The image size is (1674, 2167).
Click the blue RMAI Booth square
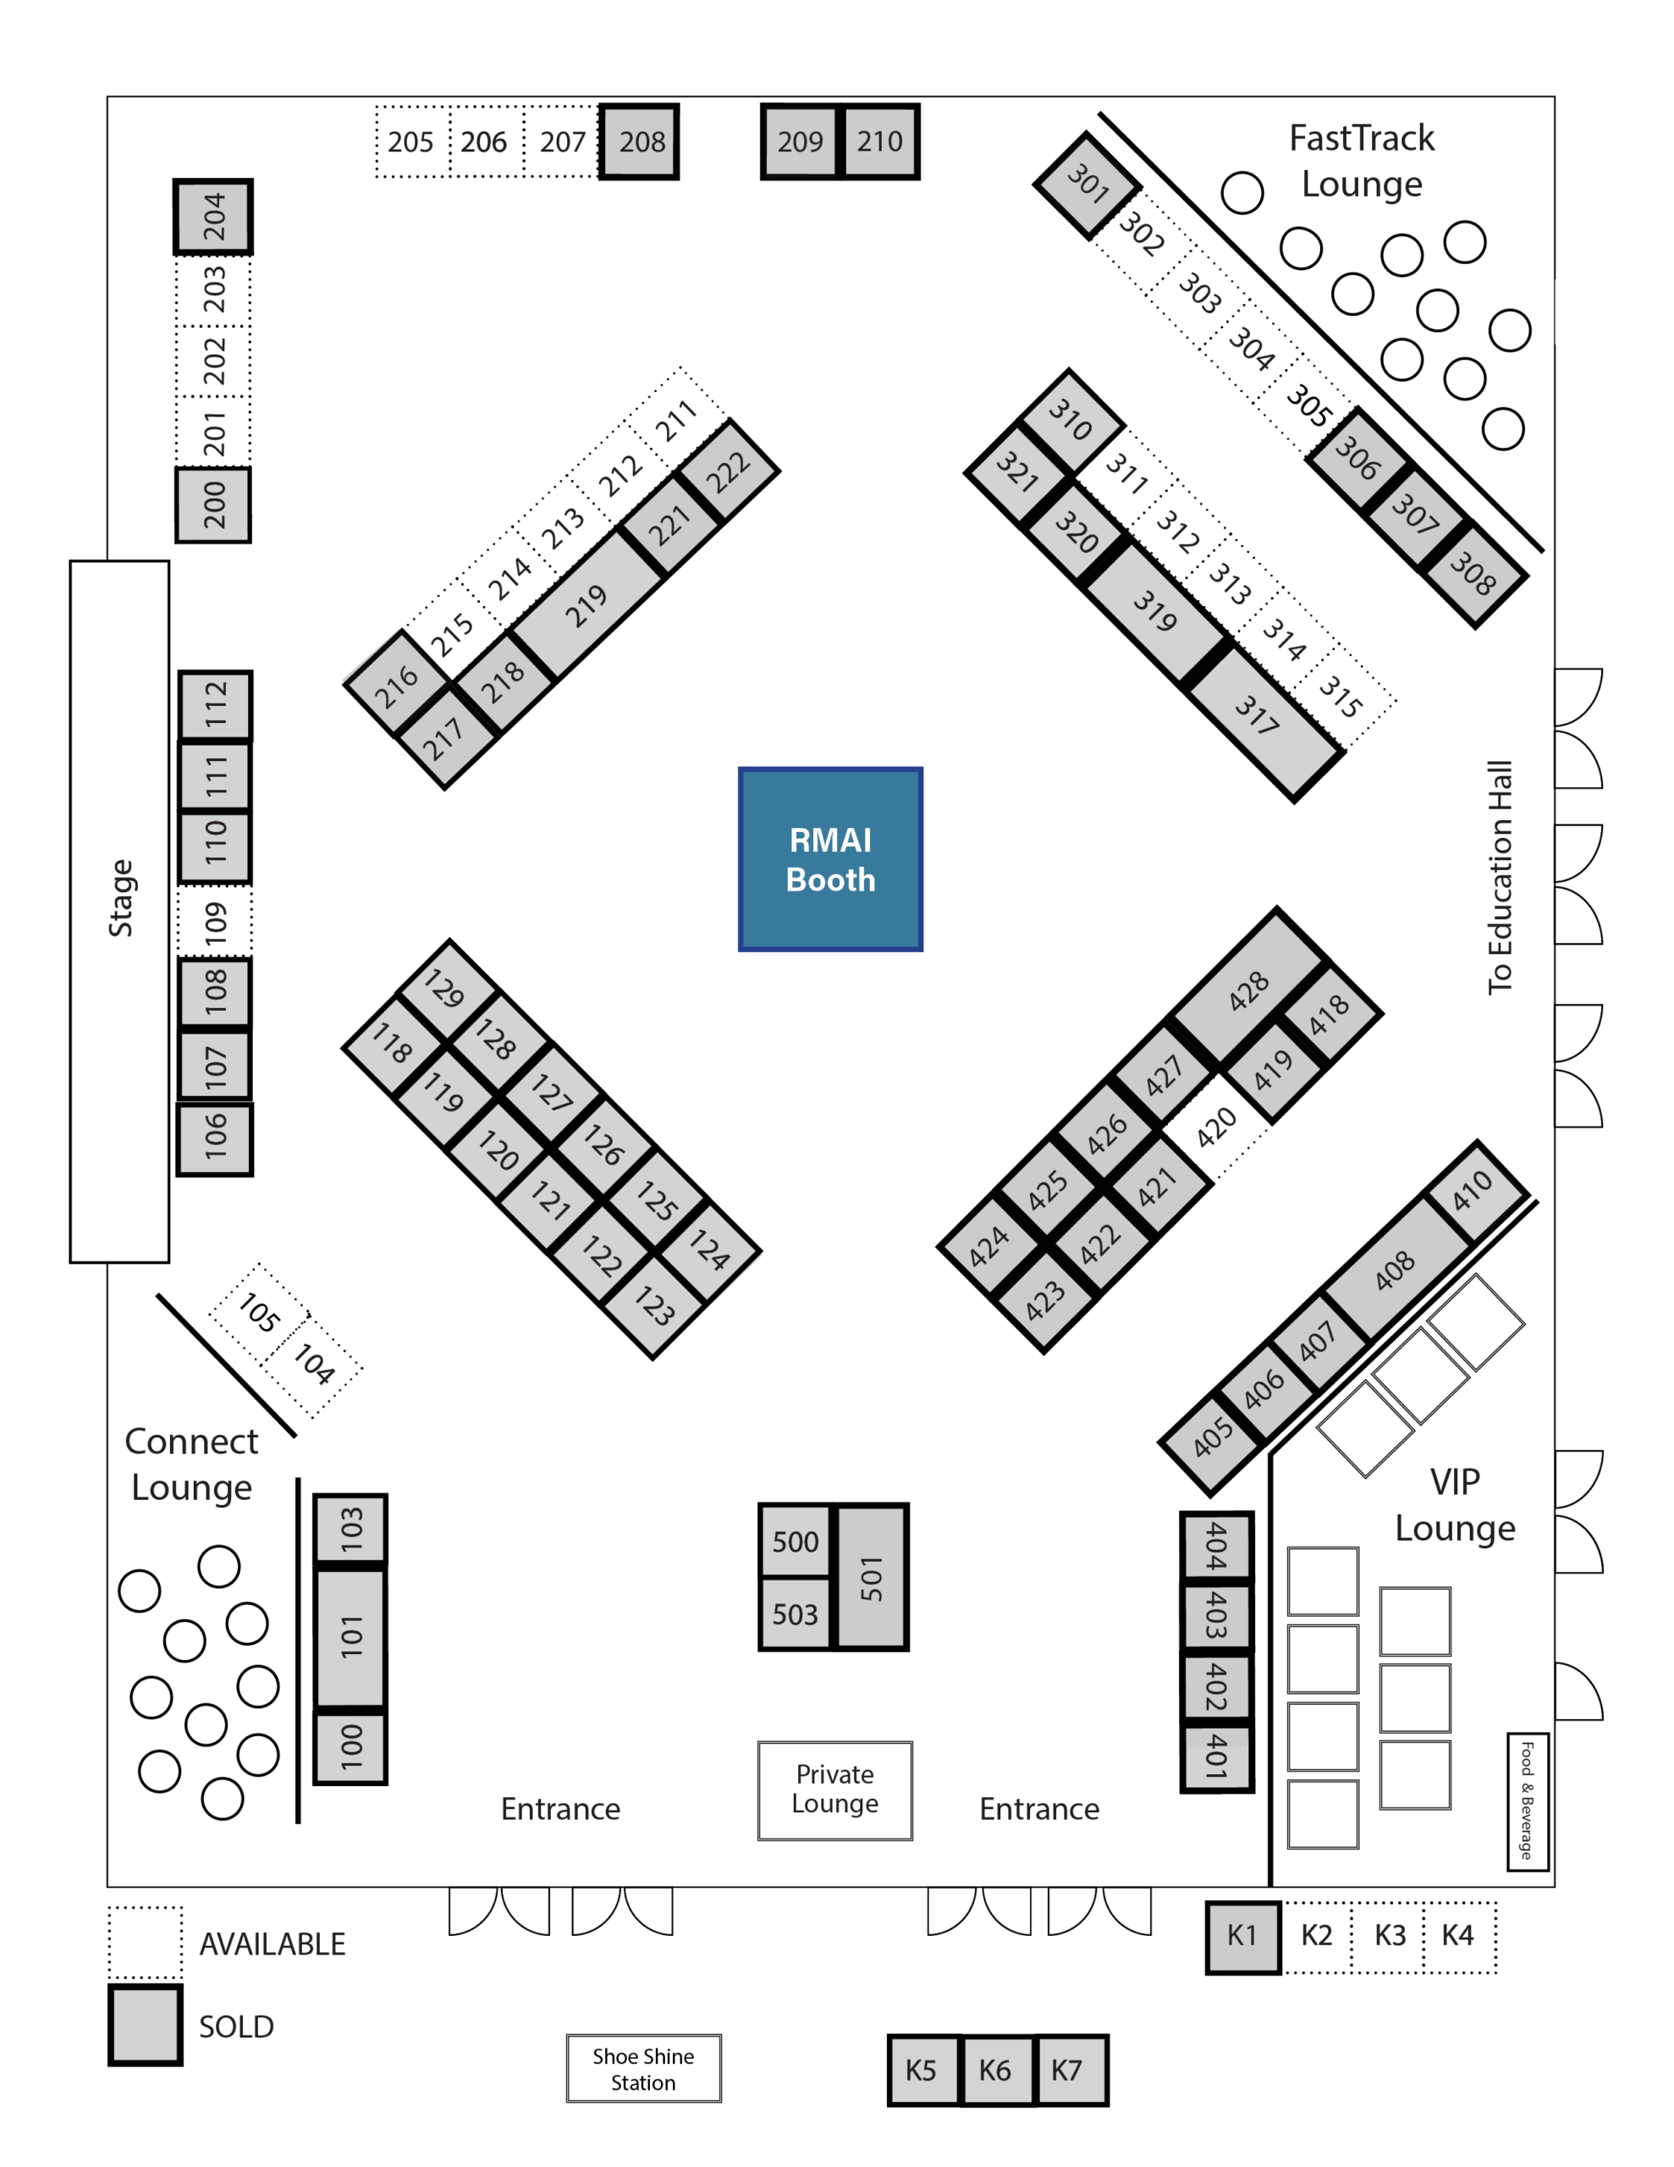pyautogui.click(x=830, y=859)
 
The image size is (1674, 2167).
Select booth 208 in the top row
pyautogui.click(x=640, y=142)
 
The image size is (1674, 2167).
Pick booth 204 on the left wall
pyautogui.click(x=213, y=217)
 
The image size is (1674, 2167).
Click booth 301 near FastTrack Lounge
pyautogui.click(x=1088, y=185)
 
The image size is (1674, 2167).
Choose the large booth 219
pyautogui.click(x=587, y=604)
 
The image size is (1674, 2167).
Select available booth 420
pyautogui.click(x=1215, y=1128)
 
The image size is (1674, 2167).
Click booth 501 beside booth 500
pyautogui.click(x=871, y=1578)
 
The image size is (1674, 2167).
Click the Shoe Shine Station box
pyautogui.click(x=643, y=2069)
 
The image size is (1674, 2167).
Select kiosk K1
pyautogui.click(x=1243, y=1936)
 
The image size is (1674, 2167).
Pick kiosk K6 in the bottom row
pyautogui.click(x=995, y=2070)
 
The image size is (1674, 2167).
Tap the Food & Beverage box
pyautogui.click(x=1527, y=1800)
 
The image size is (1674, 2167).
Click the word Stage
pyautogui.click(x=121, y=898)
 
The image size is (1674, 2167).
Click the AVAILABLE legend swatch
pyautogui.click(x=145, y=1942)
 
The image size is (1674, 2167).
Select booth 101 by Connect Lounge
pyautogui.click(x=350, y=1636)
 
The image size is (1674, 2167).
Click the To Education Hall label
pyautogui.click(x=1500, y=877)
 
